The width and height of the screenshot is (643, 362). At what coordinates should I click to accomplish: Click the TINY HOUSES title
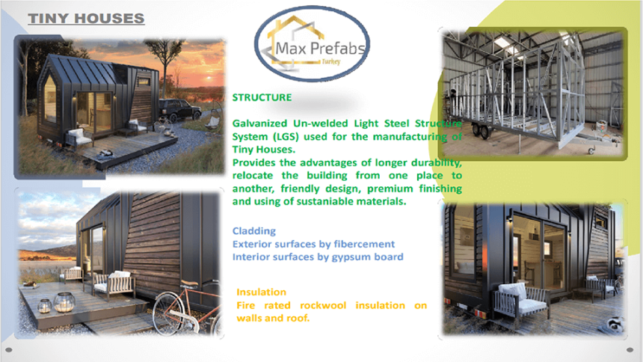pyautogui.click(x=86, y=19)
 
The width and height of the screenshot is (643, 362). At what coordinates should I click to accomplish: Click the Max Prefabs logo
pyautogui.click(x=312, y=44)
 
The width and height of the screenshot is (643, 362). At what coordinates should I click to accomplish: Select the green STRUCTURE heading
pyautogui.click(x=262, y=98)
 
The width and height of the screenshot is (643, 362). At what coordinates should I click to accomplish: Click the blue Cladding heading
pyautogui.click(x=254, y=231)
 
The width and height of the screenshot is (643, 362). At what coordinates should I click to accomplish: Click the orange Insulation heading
pyautogui.click(x=261, y=292)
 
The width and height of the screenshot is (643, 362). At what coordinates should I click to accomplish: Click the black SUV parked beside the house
pyautogui.click(x=179, y=109)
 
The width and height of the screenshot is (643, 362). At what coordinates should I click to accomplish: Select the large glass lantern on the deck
pyautogui.click(x=64, y=302)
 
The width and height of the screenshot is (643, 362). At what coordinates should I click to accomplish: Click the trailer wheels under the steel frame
pyautogui.click(x=480, y=132)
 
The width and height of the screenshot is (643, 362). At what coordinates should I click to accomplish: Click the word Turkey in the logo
pyautogui.click(x=331, y=61)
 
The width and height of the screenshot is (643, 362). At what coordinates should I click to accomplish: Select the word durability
pyautogui.click(x=437, y=162)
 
